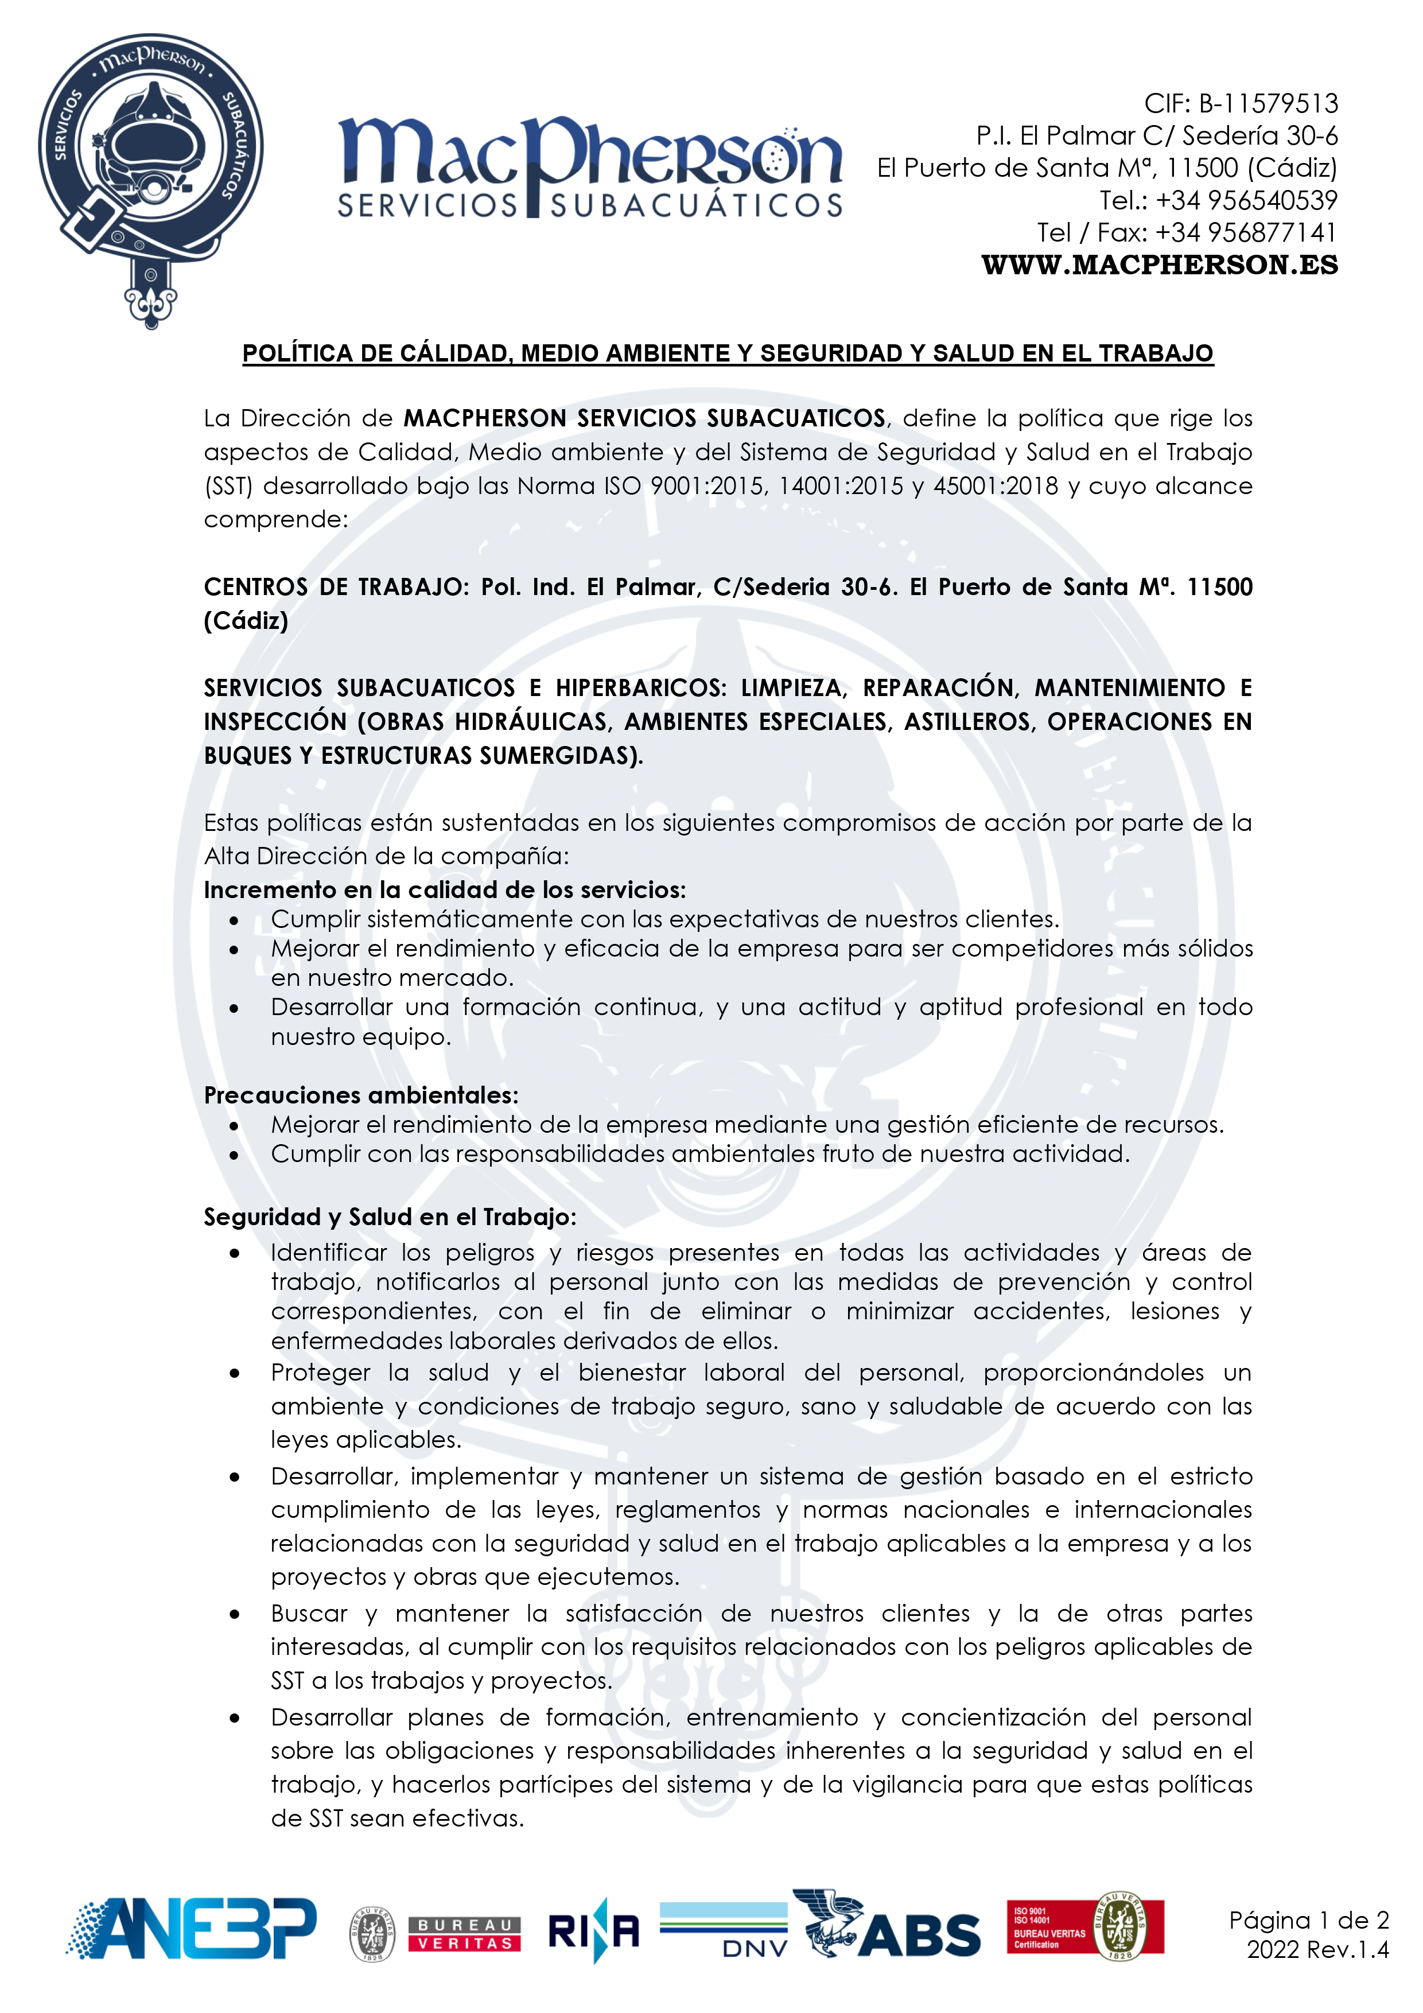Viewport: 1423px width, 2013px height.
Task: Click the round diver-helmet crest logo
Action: click(151, 166)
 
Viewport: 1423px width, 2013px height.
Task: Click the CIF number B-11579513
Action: click(1268, 103)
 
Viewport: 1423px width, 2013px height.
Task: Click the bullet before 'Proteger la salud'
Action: click(234, 1374)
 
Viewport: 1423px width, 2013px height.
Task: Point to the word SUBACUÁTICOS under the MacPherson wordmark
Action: click(697, 206)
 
